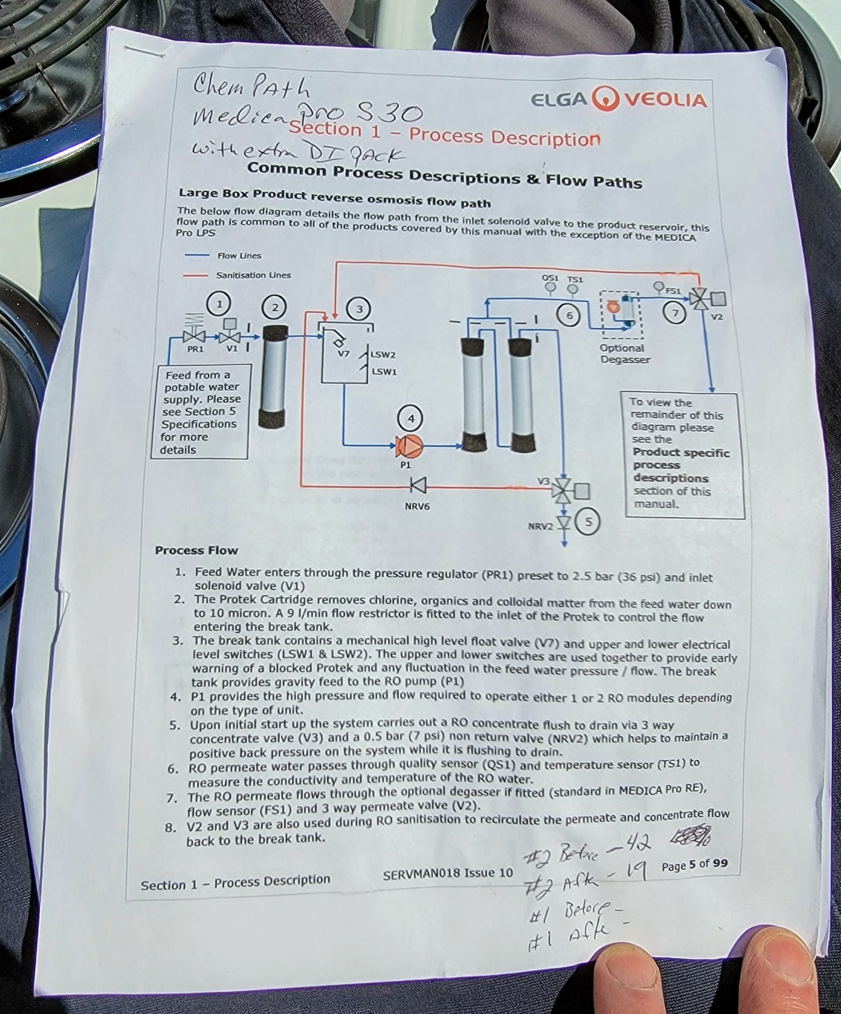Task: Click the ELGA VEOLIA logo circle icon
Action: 606,100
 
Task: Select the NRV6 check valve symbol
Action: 417,485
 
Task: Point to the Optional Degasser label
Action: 624,354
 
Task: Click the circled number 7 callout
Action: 675,313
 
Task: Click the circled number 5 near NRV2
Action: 588,522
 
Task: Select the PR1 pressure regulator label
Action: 195,350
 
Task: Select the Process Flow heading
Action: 196,550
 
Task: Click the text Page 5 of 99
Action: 694,865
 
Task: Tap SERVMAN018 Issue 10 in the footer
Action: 448,873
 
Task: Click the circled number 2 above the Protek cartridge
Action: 275,306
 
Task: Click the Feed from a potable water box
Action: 201,412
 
